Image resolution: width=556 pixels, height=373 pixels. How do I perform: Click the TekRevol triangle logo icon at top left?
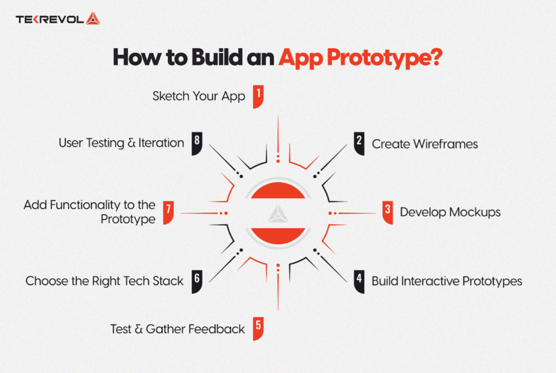coord(93,19)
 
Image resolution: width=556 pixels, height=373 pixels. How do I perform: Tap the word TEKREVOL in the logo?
coord(49,20)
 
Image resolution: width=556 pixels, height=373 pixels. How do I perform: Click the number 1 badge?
coord(258,96)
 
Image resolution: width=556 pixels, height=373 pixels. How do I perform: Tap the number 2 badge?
coord(359,143)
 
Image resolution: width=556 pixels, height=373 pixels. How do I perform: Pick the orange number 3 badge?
coord(387,212)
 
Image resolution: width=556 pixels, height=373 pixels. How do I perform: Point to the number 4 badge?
coord(359,281)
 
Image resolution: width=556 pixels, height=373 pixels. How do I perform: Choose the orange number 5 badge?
coord(258,328)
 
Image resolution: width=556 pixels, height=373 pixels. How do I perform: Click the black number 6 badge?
coord(197,281)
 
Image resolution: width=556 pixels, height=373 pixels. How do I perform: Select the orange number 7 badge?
coord(168,212)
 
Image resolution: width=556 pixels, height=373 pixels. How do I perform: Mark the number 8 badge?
coord(197,143)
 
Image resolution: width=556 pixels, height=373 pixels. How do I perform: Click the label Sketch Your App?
coord(199,97)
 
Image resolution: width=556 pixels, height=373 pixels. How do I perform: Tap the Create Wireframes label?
coord(425,144)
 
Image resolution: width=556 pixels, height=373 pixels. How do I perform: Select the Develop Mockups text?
coord(450,212)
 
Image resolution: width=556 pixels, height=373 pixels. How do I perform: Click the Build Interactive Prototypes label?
coord(446,281)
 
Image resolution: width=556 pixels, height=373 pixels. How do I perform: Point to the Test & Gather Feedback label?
coord(178,328)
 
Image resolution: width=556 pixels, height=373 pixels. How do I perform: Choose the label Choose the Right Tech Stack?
coord(104,281)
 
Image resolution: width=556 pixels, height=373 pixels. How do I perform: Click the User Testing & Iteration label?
coord(121,143)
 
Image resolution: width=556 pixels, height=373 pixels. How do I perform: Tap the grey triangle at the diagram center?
coord(277,212)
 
